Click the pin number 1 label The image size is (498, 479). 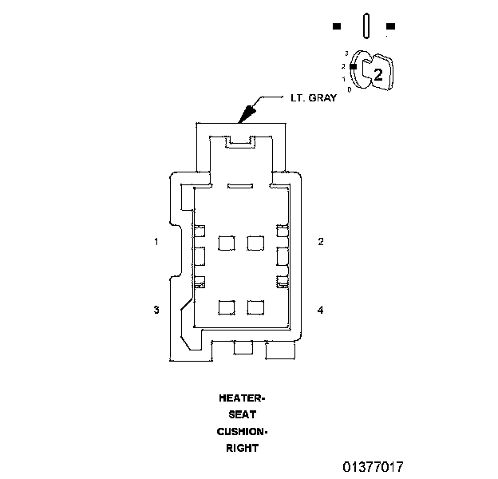pos(157,241)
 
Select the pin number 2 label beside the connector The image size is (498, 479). pos(320,241)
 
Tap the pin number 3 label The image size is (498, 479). pos(157,310)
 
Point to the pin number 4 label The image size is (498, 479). pos(320,310)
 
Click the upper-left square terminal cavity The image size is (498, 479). pos(226,241)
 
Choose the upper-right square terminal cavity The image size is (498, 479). pos(255,241)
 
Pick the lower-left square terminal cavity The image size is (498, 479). pos(226,307)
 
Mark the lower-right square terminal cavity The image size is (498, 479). pos(255,307)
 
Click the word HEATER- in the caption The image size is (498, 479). pos(242,398)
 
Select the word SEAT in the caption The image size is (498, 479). pos(242,414)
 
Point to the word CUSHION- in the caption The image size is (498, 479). pos(242,431)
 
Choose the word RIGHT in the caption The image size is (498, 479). pos(242,448)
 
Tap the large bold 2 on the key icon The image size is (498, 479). pos(378,75)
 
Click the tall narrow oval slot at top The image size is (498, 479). pos(365,25)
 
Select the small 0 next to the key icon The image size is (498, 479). pos(350,89)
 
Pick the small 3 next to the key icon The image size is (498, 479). pos(346,53)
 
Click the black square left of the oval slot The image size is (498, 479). pos(337,26)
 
